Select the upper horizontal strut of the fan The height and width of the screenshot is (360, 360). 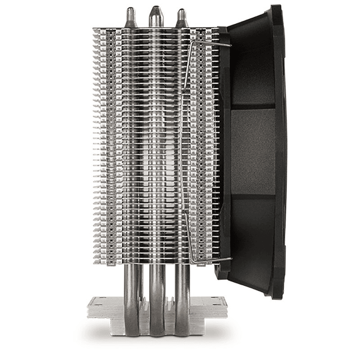click(253, 106)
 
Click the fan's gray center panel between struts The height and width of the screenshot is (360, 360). click(253, 150)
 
